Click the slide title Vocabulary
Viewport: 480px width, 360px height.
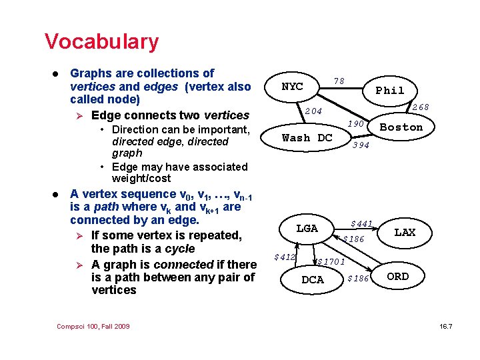point(101,41)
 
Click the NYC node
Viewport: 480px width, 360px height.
point(293,87)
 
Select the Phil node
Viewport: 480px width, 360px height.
point(390,91)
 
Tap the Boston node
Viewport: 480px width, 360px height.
point(401,127)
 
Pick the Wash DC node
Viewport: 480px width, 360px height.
point(307,138)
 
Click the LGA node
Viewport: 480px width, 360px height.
point(307,229)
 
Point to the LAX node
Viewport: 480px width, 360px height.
point(405,233)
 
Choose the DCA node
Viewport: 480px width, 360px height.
point(313,280)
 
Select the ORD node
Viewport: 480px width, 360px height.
point(398,277)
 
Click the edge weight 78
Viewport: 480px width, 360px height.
point(339,81)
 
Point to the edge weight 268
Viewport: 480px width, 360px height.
point(420,107)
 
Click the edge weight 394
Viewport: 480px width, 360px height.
point(361,145)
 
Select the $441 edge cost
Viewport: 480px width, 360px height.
point(361,223)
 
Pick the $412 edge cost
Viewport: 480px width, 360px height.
point(285,257)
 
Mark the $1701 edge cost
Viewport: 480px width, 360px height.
point(331,261)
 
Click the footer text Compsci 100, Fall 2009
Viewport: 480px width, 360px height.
point(93,326)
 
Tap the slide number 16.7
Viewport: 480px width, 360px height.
point(446,326)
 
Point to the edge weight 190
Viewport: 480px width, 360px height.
point(355,124)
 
